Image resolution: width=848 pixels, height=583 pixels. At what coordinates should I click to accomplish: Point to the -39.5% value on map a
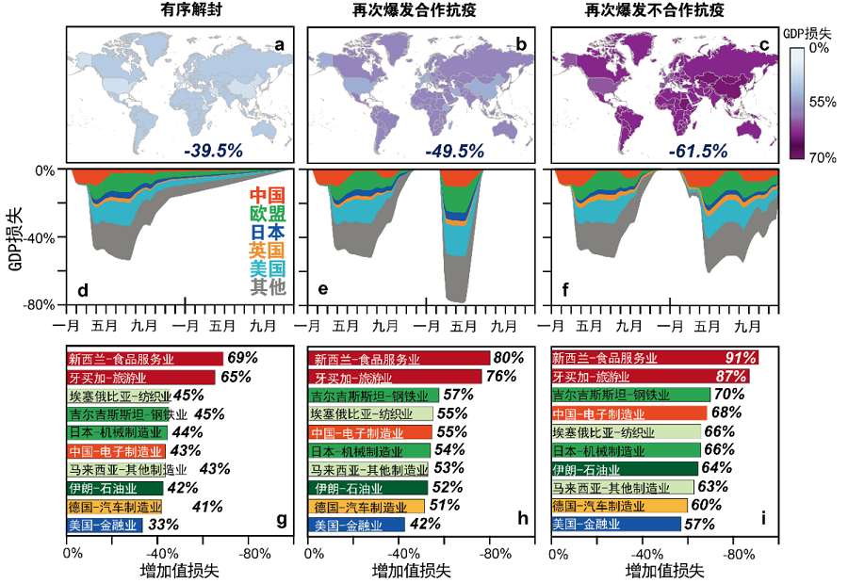tap(212, 150)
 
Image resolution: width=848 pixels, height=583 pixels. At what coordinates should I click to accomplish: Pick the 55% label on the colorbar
tap(822, 101)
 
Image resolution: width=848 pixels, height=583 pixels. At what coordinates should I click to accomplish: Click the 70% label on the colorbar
tap(822, 157)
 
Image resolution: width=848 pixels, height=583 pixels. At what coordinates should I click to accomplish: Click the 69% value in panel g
tap(242, 359)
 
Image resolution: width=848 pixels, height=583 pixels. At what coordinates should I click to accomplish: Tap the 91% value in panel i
tap(737, 359)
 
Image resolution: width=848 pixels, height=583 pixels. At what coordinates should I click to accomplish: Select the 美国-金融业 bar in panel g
tap(105, 525)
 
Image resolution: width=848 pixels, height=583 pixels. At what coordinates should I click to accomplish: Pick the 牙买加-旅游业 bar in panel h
tap(396, 377)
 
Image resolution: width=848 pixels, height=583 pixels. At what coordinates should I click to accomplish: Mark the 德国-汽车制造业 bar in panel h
tap(367, 506)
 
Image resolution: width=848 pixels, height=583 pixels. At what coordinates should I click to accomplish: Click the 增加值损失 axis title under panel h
tap(412, 571)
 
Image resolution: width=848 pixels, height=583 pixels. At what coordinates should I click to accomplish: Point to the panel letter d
tap(83, 289)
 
